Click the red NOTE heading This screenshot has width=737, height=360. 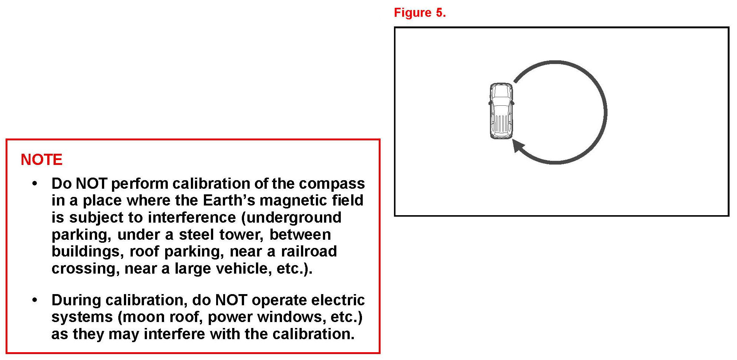click(41, 160)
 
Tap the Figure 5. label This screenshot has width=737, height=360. click(420, 13)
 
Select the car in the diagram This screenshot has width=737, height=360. click(501, 111)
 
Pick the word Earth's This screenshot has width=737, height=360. click(229, 201)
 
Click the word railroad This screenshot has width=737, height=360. click(309, 252)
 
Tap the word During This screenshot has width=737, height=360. click(76, 300)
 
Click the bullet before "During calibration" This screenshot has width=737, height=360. click(35, 300)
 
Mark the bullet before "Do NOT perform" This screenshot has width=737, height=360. click(35, 184)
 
